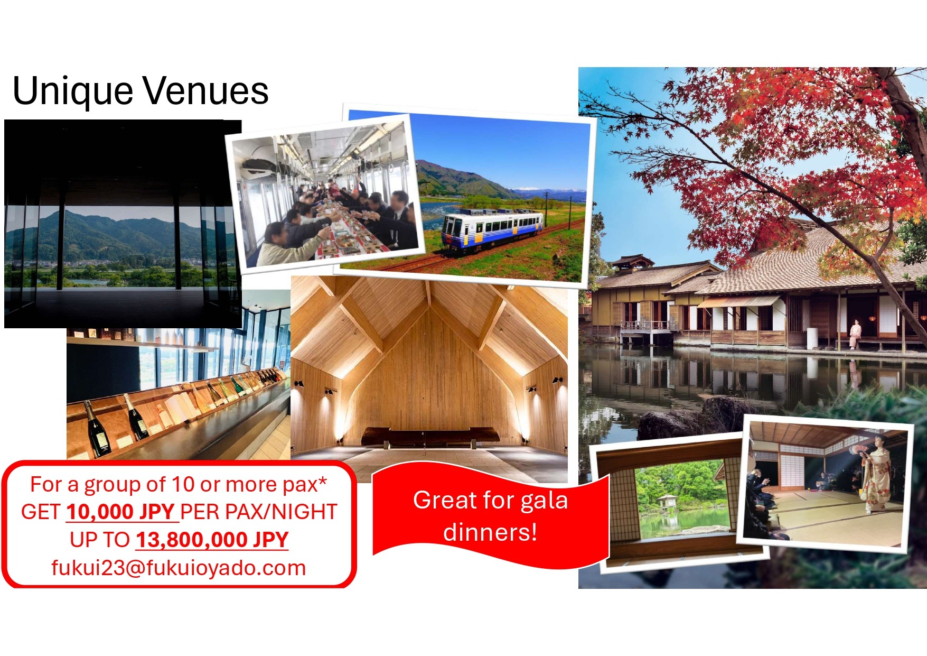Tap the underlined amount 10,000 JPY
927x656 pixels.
(x=120, y=512)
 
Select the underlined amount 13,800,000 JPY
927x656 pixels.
(x=212, y=540)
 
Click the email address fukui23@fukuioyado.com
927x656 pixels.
(x=179, y=568)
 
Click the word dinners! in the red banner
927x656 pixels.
(x=490, y=532)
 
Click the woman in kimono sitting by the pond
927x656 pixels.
(x=854, y=334)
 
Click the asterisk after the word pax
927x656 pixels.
(x=322, y=482)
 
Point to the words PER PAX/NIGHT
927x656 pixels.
(x=259, y=512)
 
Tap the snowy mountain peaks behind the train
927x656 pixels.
(x=549, y=190)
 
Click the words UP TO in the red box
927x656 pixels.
(x=100, y=540)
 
